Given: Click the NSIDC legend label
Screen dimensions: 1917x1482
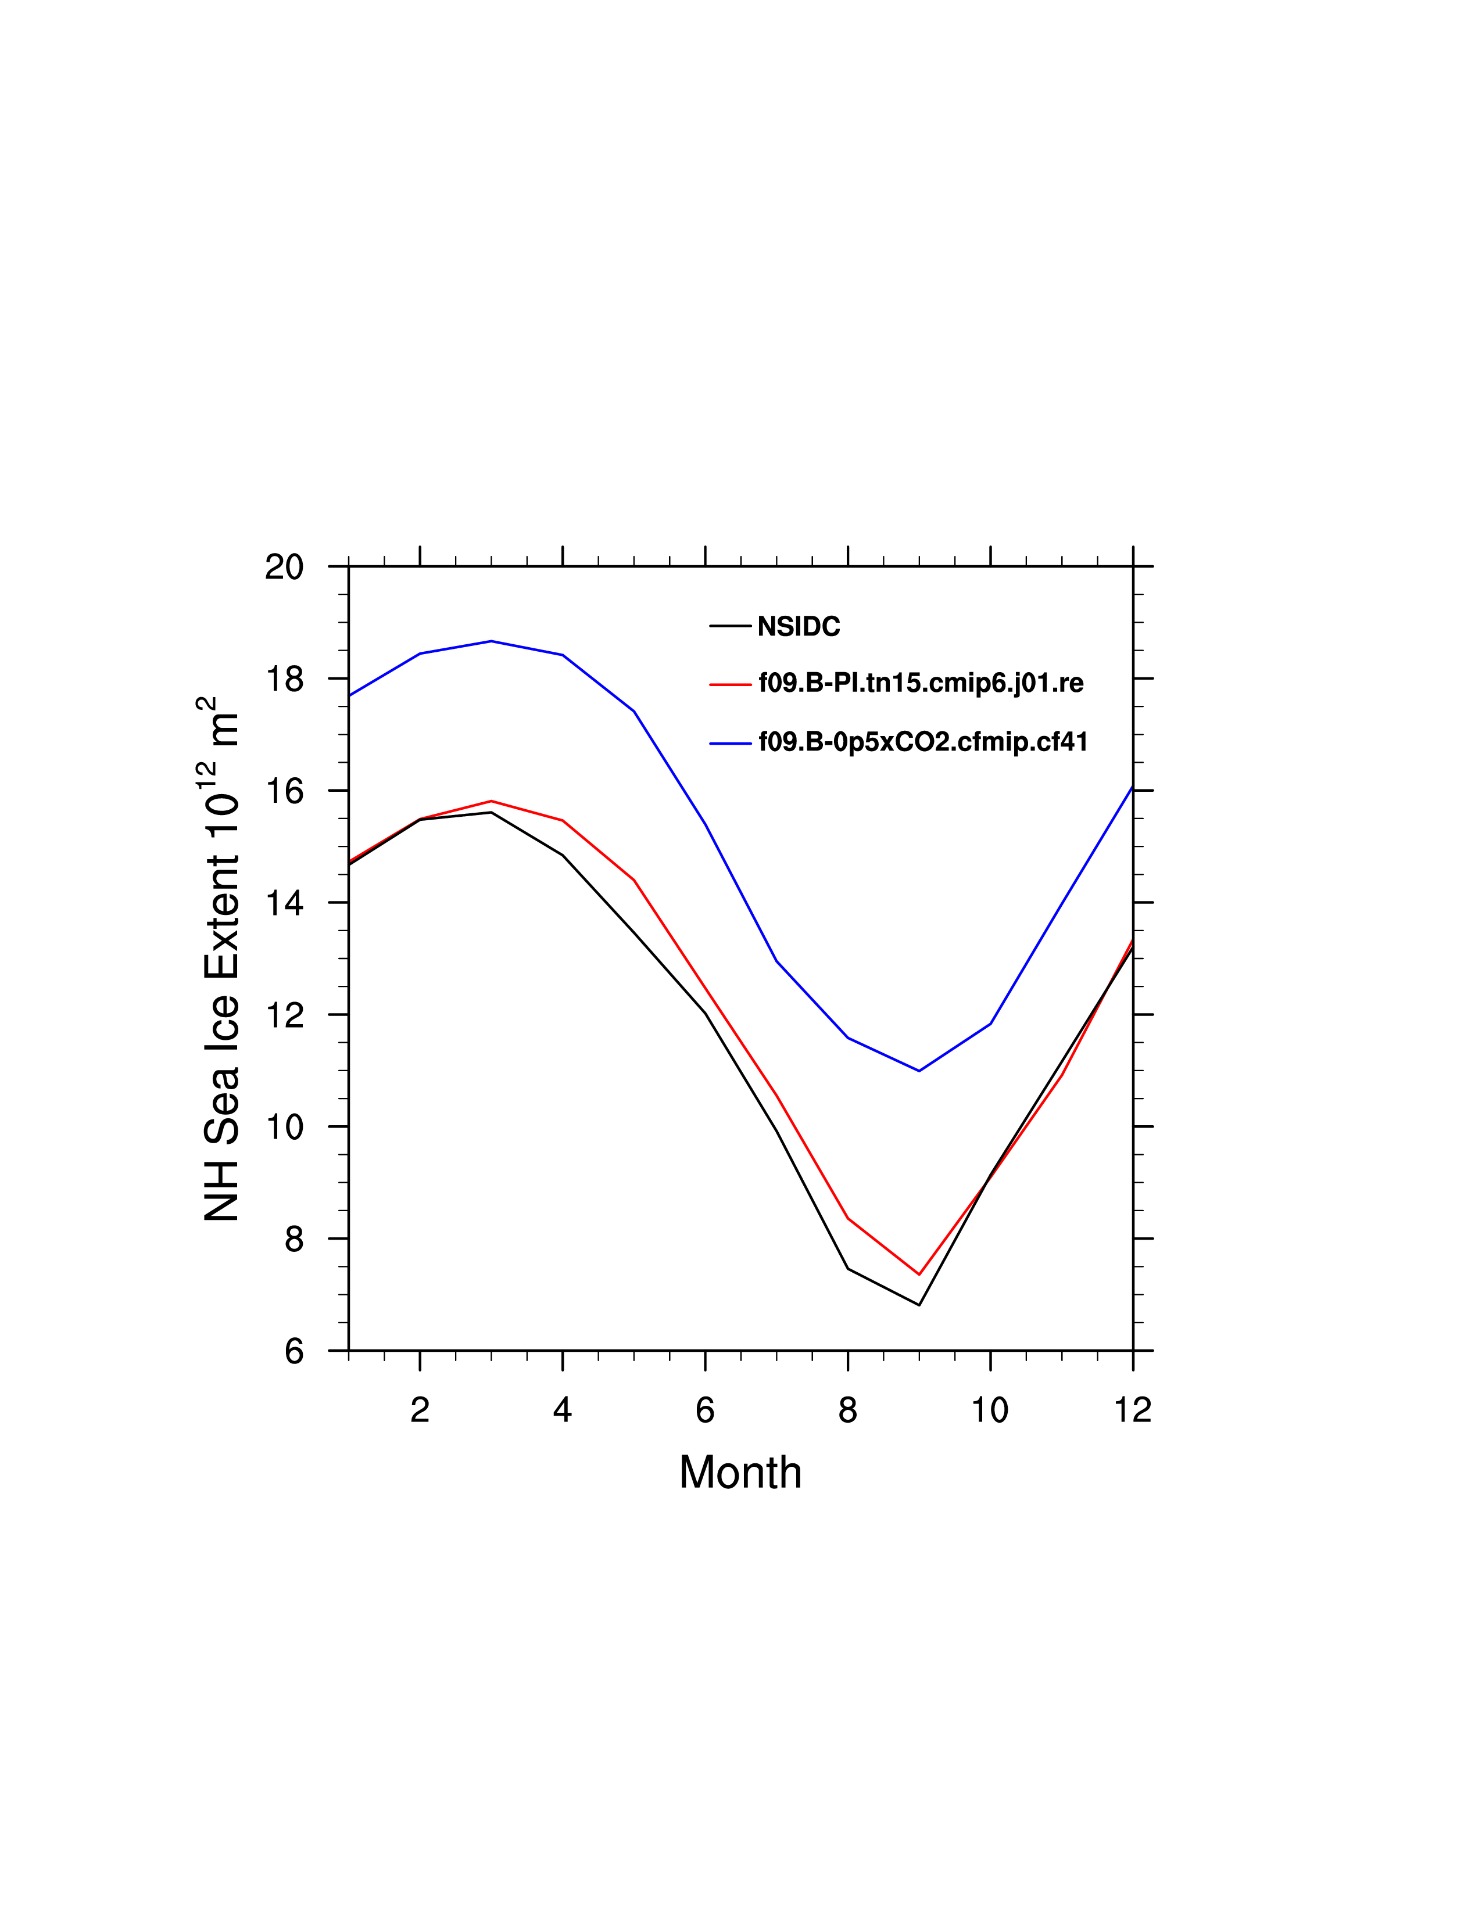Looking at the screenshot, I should click(x=798, y=627).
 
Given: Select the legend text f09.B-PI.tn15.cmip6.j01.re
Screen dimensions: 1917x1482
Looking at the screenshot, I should click(x=921, y=683).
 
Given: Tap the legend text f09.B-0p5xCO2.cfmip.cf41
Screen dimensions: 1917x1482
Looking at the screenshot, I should click(x=923, y=742).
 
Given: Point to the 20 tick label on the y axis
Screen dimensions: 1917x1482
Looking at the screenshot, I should click(x=284, y=567).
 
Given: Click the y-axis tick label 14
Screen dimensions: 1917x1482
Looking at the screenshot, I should click(x=284, y=903).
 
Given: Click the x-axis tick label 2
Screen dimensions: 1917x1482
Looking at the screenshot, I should click(x=420, y=1410).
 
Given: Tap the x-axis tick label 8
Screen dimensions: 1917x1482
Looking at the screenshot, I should click(x=847, y=1410).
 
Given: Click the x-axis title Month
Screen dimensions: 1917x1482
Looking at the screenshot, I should click(x=740, y=1472).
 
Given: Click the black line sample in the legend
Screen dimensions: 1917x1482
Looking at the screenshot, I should click(x=729, y=627).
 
